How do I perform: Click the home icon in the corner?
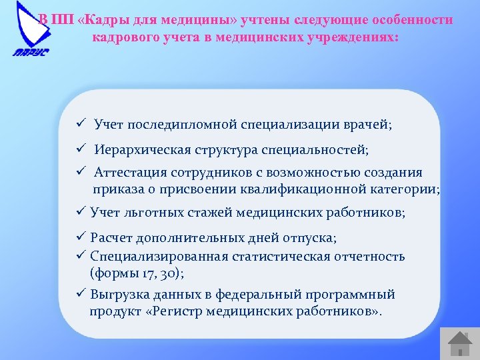click(x=459, y=343)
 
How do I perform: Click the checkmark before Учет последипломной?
click(x=79, y=124)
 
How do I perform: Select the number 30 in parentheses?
click(x=169, y=273)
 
